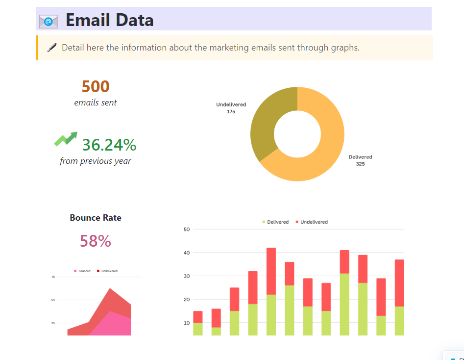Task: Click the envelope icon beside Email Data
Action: pos(48,21)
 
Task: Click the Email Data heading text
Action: pos(109,20)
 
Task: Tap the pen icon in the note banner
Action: pos(51,48)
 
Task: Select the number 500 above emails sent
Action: pos(96,87)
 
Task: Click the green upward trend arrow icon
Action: pos(66,139)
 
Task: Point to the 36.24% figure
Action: pos(109,145)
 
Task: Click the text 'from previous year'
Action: pos(96,161)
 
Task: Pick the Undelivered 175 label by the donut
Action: pos(231,108)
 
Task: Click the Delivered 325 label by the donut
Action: pos(360,160)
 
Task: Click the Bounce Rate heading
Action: pos(96,218)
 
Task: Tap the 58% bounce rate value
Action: pos(96,241)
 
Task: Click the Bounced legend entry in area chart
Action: pos(82,271)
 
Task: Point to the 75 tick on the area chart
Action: pos(53,277)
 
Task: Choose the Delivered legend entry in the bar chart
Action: pos(275,222)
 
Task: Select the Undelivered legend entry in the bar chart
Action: pos(312,222)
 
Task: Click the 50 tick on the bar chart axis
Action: pos(187,229)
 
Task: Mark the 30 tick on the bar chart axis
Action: pos(187,276)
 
